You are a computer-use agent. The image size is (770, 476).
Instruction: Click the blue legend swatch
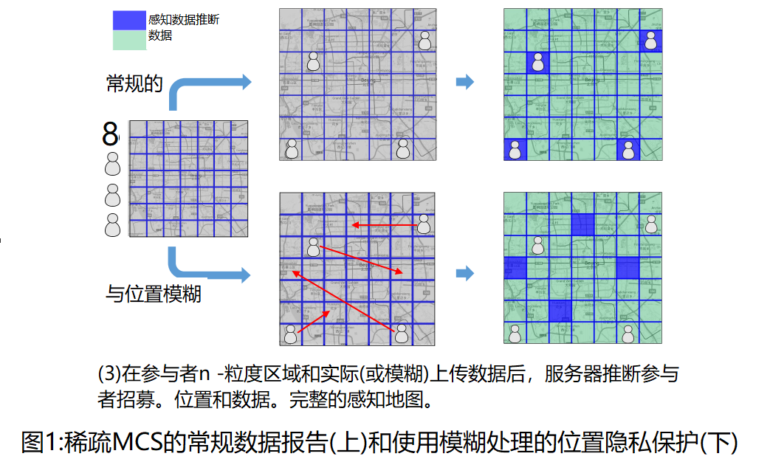(129, 20)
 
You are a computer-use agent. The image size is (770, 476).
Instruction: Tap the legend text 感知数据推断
(184, 20)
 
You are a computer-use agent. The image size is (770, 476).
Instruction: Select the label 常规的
(134, 83)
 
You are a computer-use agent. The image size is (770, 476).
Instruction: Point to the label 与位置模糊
(154, 294)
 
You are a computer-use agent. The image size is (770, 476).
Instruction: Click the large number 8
(110, 135)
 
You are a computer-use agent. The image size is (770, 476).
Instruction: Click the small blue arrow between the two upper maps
(464, 83)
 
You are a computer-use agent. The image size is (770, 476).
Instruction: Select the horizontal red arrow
(384, 224)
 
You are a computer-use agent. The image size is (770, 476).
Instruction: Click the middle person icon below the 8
(112, 195)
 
